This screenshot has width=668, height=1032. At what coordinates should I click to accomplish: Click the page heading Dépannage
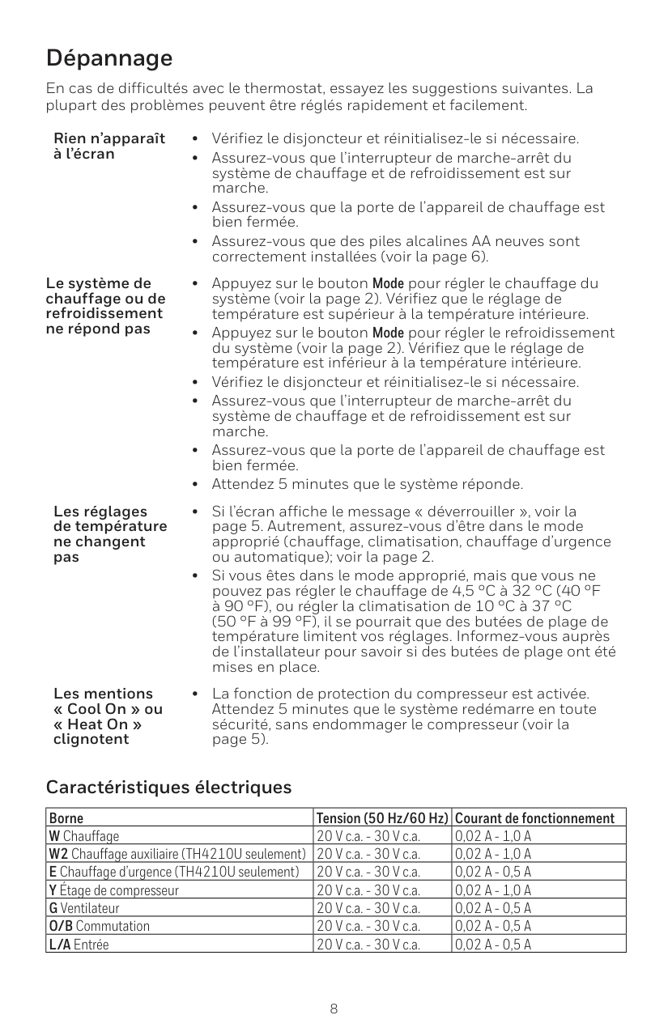(x=109, y=58)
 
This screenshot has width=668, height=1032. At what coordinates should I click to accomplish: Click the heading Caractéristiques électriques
(x=168, y=787)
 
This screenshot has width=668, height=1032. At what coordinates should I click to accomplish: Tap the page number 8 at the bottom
(x=334, y=1009)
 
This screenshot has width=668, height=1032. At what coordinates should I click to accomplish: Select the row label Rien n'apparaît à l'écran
(x=108, y=146)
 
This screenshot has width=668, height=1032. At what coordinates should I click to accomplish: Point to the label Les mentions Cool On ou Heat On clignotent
(x=108, y=716)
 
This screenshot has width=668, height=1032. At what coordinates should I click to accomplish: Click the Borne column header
(x=66, y=818)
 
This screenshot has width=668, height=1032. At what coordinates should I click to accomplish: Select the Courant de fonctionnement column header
(x=535, y=818)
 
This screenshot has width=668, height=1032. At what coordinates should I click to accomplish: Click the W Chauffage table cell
(x=84, y=836)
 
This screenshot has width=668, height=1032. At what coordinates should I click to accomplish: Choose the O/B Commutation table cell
(x=100, y=925)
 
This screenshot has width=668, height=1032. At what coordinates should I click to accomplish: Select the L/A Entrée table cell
(x=79, y=943)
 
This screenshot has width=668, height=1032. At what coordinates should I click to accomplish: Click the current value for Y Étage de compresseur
(x=493, y=890)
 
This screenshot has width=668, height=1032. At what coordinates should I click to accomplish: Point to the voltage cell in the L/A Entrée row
(x=368, y=943)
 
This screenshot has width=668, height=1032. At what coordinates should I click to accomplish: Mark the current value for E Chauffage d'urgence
(x=493, y=872)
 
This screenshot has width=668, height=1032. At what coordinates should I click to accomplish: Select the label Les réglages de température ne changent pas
(x=110, y=534)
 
